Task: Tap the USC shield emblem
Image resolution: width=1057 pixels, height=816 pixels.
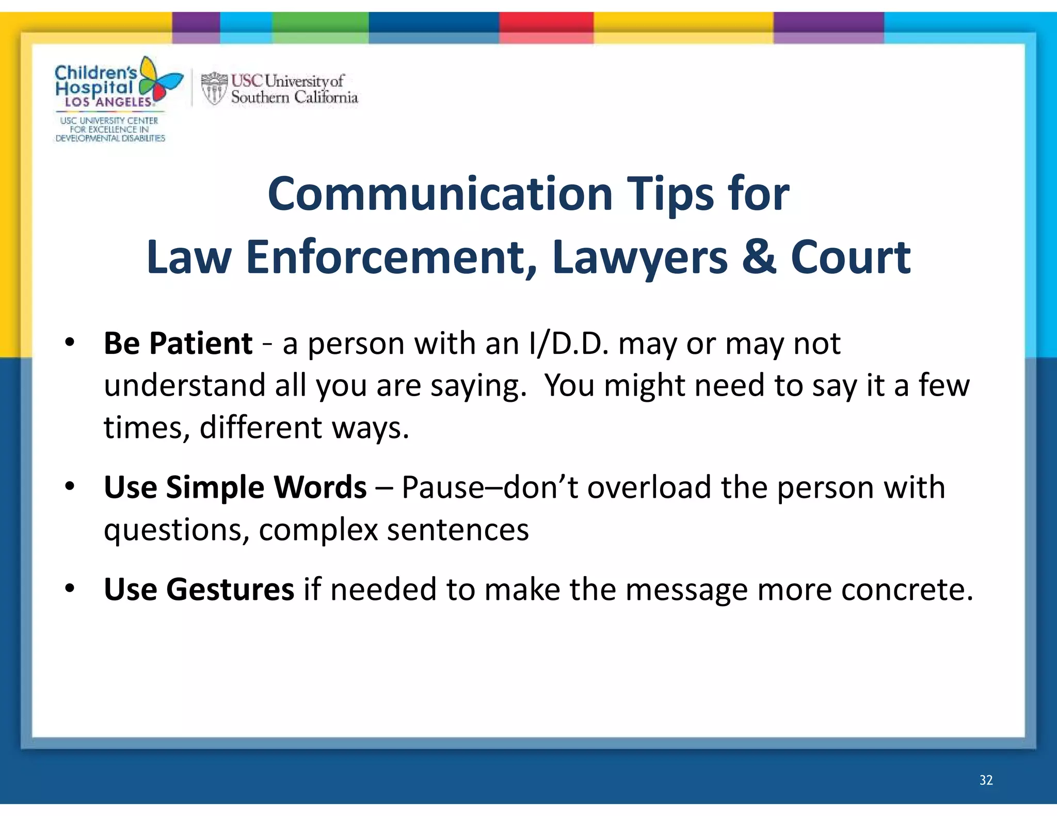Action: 214,88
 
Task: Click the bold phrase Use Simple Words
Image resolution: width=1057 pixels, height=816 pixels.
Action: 235,487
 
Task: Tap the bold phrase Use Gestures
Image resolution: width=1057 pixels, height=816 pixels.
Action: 199,589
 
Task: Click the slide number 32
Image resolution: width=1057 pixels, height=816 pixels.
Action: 986,780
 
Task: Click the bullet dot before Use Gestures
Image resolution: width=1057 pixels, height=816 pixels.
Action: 70,588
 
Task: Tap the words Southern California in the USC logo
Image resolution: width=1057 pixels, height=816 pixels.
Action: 294,97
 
